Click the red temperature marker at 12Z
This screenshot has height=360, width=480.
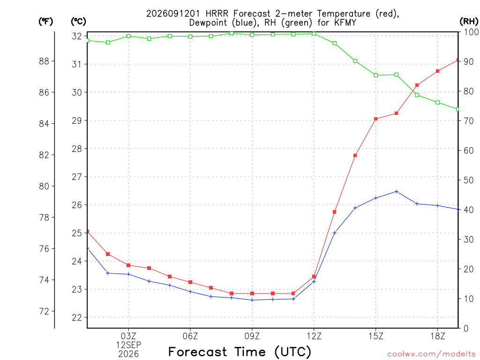click(314, 277)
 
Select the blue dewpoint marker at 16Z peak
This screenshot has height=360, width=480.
click(397, 192)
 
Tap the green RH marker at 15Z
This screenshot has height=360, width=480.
click(375, 75)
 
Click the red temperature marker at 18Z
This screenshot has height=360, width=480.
click(438, 71)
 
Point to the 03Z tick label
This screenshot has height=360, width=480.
click(128, 336)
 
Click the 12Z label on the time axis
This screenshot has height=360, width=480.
click(314, 336)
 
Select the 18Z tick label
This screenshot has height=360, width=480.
click(438, 336)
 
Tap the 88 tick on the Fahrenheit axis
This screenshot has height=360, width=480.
click(44, 61)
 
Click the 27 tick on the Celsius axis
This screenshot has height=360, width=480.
click(77, 177)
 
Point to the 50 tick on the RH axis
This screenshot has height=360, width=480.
click(469, 180)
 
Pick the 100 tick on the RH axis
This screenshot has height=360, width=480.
click(471, 32)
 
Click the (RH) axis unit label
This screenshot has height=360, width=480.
click(469, 21)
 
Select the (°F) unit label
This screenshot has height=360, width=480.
click(45, 22)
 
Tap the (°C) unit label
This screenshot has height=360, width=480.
click(78, 22)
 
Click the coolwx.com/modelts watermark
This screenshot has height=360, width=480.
click(431, 354)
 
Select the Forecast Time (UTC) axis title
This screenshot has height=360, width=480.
click(240, 352)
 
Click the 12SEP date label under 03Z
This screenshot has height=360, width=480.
click(128, 345)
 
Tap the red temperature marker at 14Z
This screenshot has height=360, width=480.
click(355, 156)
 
